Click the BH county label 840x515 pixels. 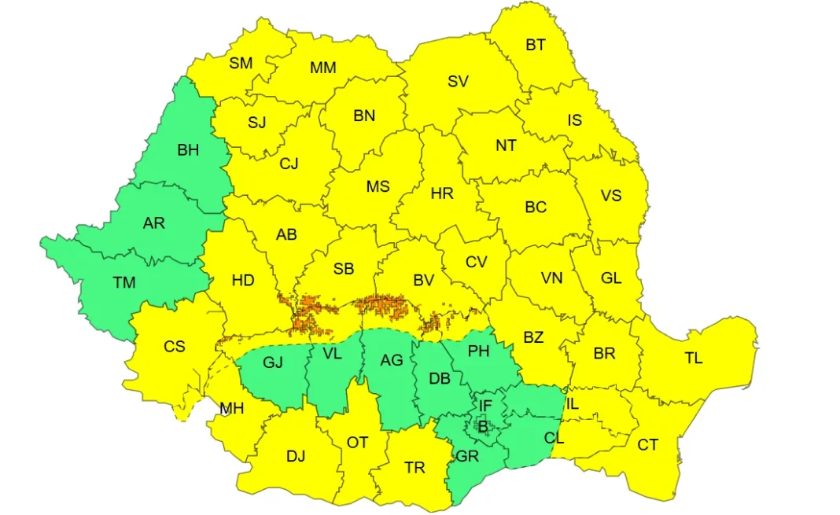[x=188, y=150]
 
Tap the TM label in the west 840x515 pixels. [x=124, y=282]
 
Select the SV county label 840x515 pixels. [x=458, y=81]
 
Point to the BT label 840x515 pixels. [x=536, y=45]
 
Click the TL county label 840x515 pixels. [x=693, y=359]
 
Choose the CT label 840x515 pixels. [x=647, y=446]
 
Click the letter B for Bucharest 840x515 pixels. [x=483, y=427]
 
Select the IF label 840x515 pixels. [x=485, y=406]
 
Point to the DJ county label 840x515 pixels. [x=296, y=456]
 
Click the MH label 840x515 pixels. [x=231, y=409]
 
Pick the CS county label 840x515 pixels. [x=175, y=346]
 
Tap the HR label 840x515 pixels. [x=443, y=193]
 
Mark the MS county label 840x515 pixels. [x=378, y=187]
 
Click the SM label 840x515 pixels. [x=241, y=63]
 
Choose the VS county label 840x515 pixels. [x=611, y=194]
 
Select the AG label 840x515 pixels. [x=391, y=360]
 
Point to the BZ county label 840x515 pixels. [x=533, y=337]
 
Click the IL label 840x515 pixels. [x=572, y=404]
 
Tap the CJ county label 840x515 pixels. [x=289, y=164]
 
